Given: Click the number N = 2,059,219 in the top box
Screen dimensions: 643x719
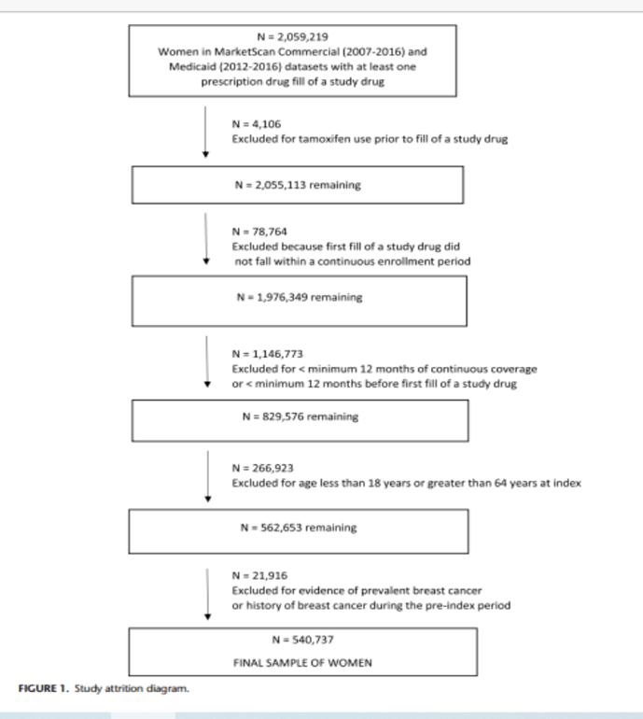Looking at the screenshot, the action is pos(292,36).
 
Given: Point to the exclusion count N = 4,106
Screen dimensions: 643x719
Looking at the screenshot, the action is pos(257,124).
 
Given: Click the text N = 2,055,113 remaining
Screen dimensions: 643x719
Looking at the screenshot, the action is pos(298,185).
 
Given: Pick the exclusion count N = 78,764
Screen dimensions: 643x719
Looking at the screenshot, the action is pos(259,232).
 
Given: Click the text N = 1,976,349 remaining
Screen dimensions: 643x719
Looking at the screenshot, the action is pos(300,297).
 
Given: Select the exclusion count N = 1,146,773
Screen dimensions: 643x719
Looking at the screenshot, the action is pos(267,354).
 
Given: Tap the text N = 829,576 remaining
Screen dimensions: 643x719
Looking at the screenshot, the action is pos(301,416).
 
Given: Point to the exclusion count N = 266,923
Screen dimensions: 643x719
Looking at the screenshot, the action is pos(262,468).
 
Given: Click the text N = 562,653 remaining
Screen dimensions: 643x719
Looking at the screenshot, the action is pos(299,528).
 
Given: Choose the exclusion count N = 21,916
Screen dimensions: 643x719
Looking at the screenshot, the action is pos(259,575).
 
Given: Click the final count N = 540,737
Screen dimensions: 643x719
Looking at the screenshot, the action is pos(302,640).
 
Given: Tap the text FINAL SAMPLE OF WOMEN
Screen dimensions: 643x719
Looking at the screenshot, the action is pos(302,663).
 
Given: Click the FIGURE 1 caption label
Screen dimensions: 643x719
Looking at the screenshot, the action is pos(43,688).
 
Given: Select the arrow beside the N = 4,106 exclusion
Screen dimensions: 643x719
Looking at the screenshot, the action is pos(205,132).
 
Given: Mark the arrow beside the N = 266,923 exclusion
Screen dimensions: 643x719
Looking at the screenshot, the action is pos(207,476).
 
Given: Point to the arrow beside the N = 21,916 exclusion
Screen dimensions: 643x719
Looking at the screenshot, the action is pos(207,594).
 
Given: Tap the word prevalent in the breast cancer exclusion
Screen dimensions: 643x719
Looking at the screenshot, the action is pos(380,590).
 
